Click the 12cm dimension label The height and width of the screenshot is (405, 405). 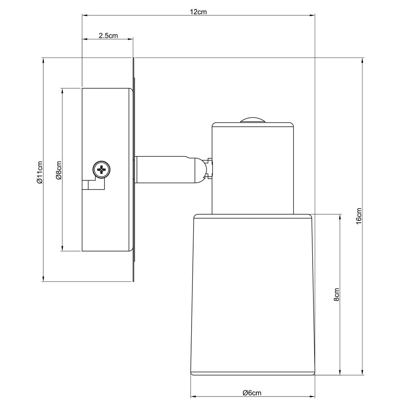(198, 12)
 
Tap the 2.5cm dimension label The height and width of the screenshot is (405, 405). (108, 36)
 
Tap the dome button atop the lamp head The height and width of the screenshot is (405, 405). (252, 120)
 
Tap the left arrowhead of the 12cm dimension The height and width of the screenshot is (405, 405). (85, 15)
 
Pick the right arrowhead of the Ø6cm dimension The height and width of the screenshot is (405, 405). (313, 396)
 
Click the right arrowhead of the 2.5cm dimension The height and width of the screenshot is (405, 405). (131, 39)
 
